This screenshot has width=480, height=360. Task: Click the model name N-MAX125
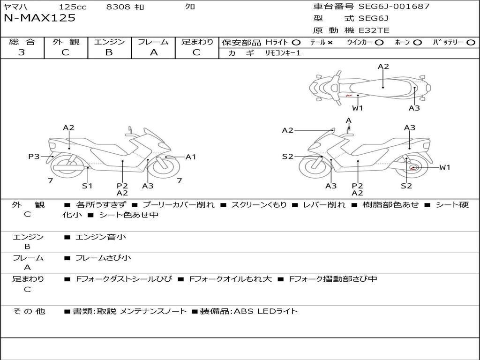[39, 18]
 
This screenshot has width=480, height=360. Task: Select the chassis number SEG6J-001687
[394, 6]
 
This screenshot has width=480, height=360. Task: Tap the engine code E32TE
[374, 30]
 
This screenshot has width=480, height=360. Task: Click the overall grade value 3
[22, 52]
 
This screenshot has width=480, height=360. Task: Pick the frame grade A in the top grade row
[154, 52]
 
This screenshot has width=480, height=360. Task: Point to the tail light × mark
[330, 43]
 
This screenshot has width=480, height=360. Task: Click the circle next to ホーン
[417, 43]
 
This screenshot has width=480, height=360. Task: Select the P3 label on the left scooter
[34, 157]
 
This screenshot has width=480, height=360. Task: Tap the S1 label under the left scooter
[87, 186]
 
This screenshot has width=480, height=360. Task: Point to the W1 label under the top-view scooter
[357, 108]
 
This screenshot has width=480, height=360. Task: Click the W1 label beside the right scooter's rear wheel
[444, 167]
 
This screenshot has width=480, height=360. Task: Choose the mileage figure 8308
[118, 7]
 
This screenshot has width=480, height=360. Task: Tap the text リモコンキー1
[283, 53]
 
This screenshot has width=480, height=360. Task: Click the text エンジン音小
[100, 237]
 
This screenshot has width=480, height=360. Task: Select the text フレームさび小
[103, 258]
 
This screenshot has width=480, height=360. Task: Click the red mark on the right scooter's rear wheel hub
[412, 168]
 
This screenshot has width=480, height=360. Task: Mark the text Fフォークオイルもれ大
[230, 279]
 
